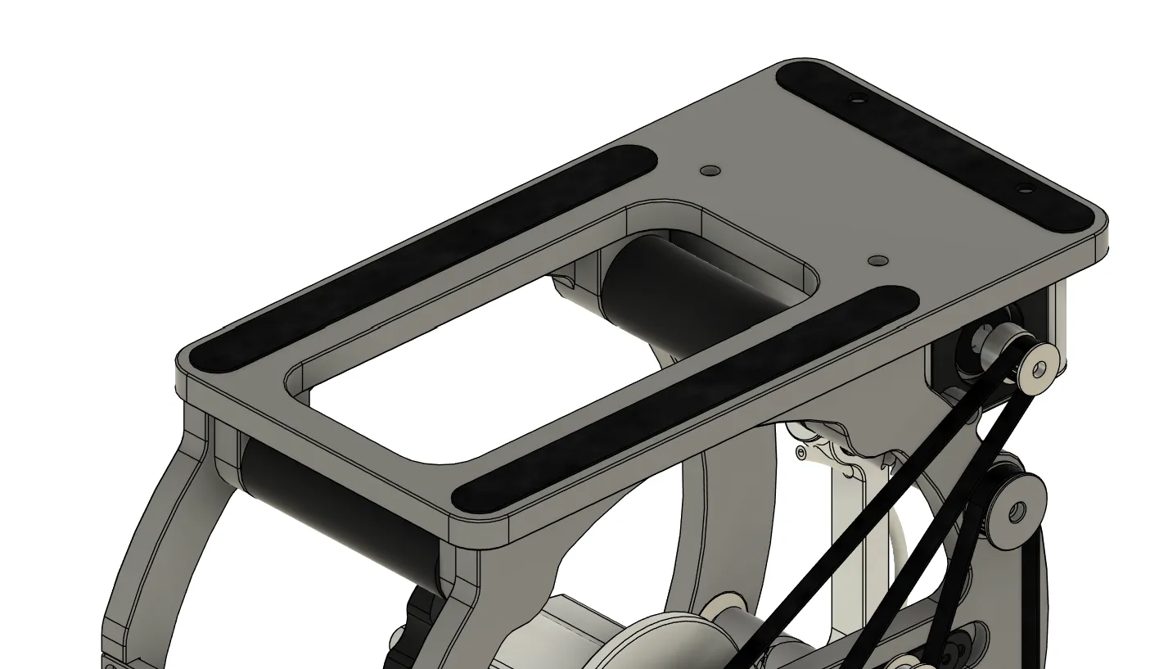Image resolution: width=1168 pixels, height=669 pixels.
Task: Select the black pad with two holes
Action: (x=933, y=143)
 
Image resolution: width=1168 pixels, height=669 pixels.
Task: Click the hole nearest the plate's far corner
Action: (x=856, y=99)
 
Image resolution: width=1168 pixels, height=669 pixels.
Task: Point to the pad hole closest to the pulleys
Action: (x=1024, y=189)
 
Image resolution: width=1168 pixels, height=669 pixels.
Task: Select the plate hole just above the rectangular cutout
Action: (x=710, y=171)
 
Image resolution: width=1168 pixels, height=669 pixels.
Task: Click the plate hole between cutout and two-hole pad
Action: (x=878, y=260)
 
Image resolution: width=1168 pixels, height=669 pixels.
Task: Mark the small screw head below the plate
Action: (x=801, y=452)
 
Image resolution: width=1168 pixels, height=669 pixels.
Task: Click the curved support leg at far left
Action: (x=147, y=557)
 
